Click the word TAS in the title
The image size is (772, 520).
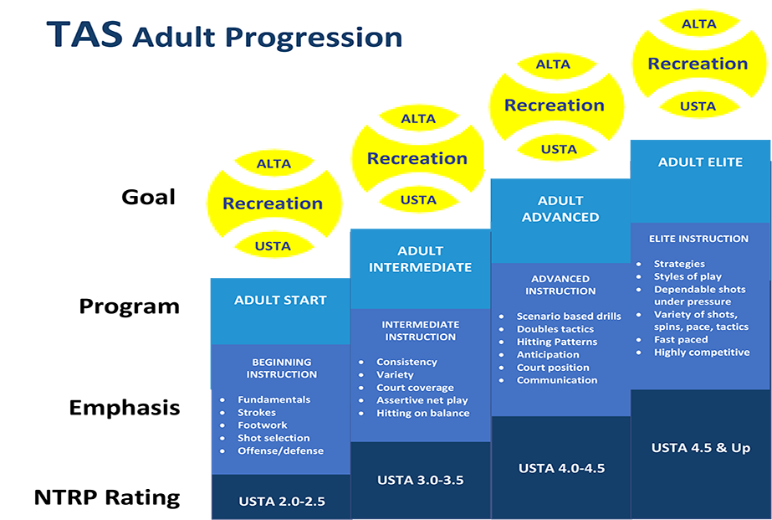(x=84, y=34)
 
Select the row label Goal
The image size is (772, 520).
(x=148, y=197)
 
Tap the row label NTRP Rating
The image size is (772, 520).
(x=107, y=497)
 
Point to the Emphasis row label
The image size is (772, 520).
(x=125, y=408)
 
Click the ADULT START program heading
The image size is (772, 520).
(x=280, y=300)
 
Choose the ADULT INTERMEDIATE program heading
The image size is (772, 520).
(x=421, y=259)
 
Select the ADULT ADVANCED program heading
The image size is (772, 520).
(x=560, y=209)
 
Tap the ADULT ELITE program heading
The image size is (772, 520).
(x=700, y=162)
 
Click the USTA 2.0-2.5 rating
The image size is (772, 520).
(x=282, y=502)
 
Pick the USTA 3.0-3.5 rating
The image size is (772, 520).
(x=421, y=480)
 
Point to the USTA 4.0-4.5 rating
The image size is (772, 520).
(x=561, y=468)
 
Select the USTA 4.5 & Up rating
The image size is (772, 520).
(x=701, y=447)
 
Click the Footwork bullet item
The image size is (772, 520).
(x=263, y=425)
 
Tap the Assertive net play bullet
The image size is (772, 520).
(x=422, y=400)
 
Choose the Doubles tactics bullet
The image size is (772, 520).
(x=555, y=329)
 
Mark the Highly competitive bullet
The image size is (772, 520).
(x=702, y=352)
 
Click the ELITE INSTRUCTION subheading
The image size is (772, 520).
(x=698, y=239)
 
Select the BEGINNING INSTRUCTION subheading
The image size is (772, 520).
(x=282, y=368)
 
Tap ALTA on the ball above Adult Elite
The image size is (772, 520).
(x=698, y=23)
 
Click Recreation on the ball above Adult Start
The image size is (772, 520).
(x=273, y=203)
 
